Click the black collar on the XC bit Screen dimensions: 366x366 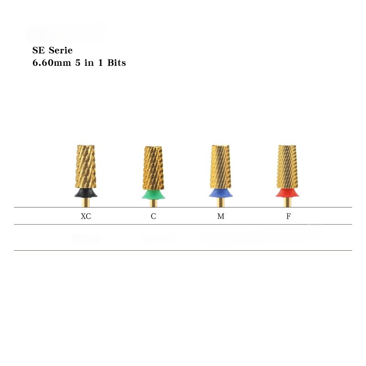(x=85, y=193)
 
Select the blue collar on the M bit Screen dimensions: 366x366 (x=220, y=193)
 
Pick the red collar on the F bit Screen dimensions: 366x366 (x=287, y=193)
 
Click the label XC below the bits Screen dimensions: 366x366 (x=86, y=216)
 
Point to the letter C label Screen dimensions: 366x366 (x=153, y=216)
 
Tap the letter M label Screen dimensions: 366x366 (x=221, y=216)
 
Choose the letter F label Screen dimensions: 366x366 (x=288, y=216)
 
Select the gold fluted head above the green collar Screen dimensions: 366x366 (x=153, y=167)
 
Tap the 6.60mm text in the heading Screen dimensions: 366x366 (x=48, y=63)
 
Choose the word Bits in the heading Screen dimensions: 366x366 (x=116, y=63)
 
